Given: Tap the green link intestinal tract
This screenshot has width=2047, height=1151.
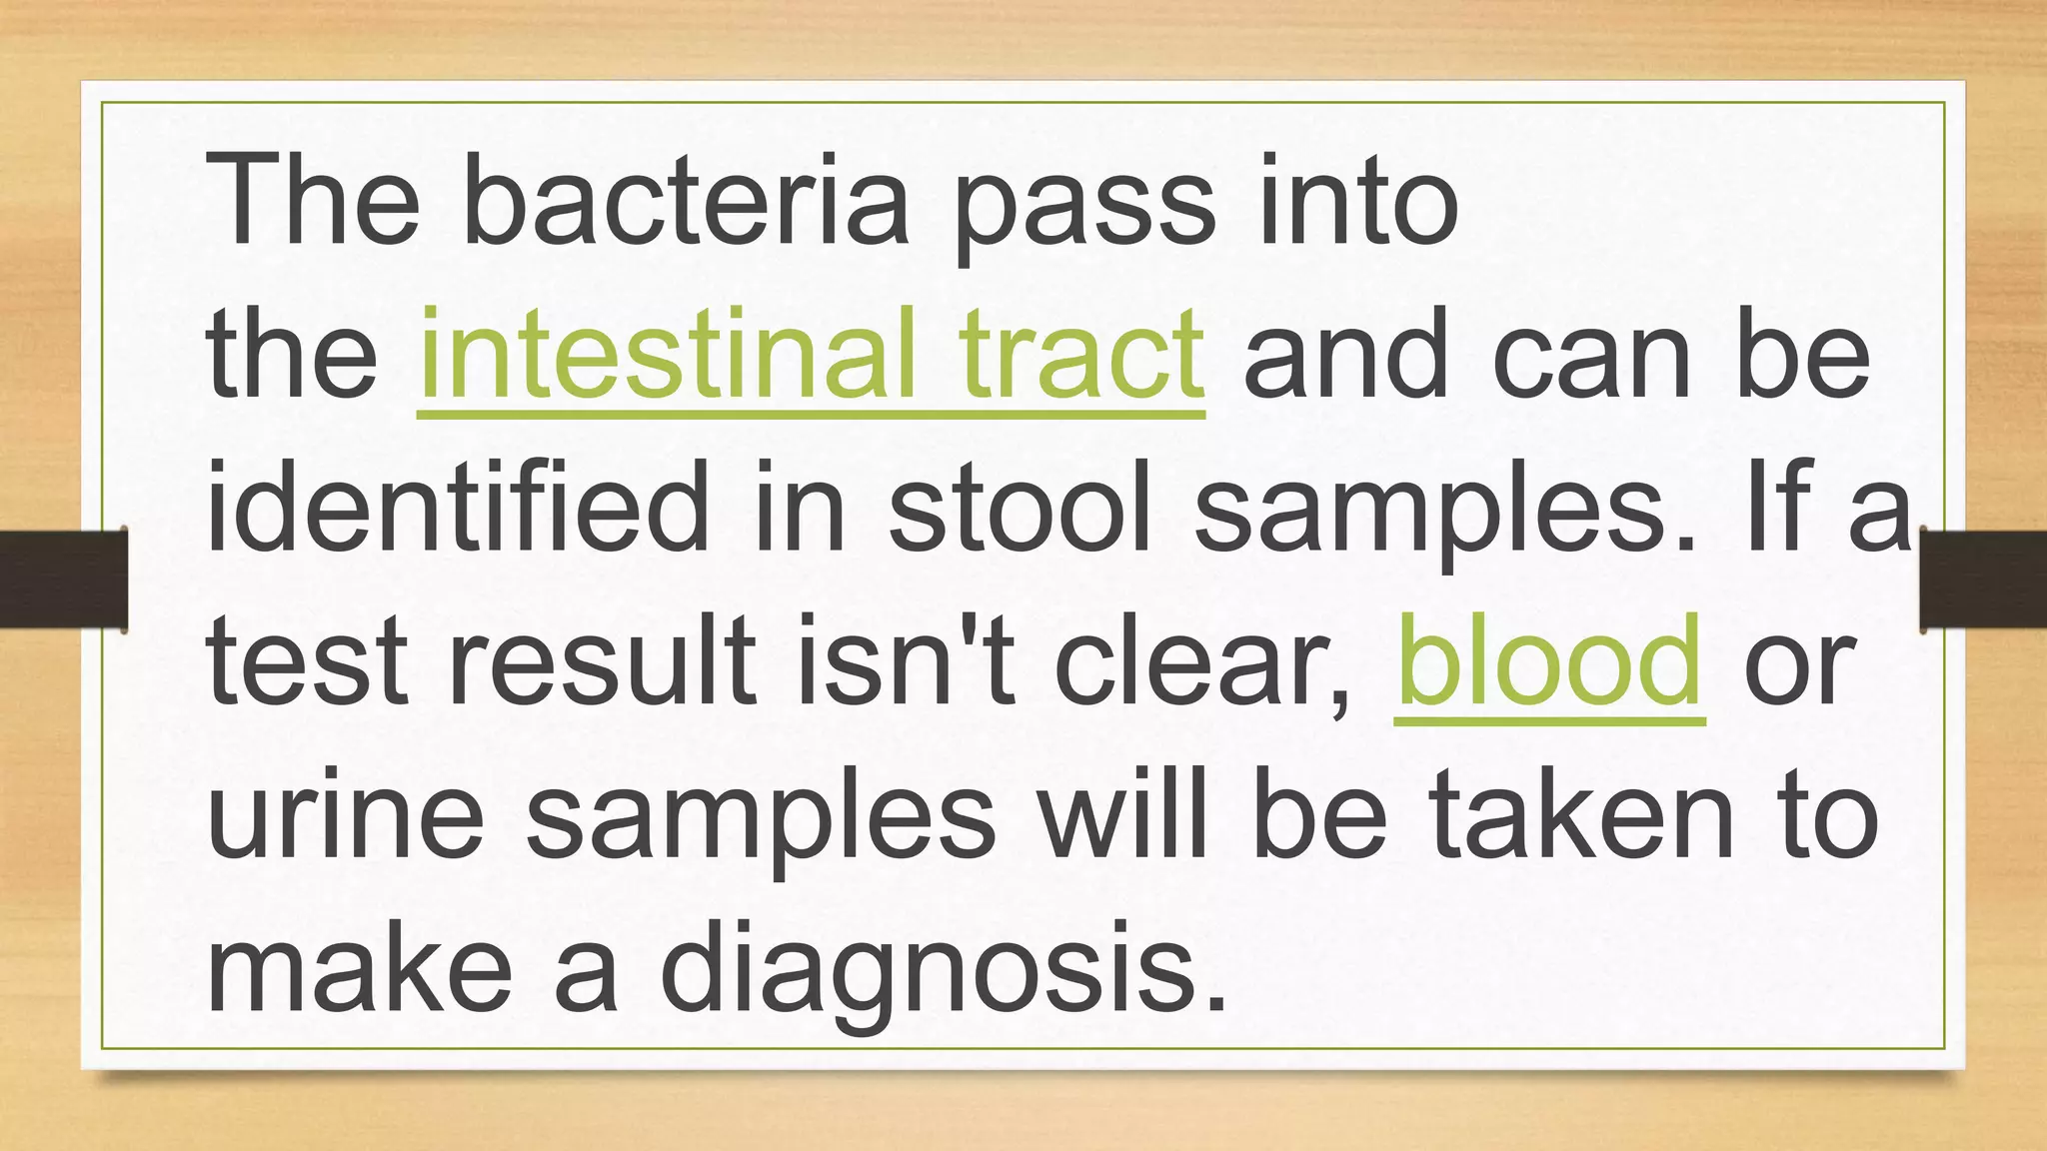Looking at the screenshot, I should pos(811,355).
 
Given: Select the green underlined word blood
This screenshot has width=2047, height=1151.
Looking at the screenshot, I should pos(1548,661).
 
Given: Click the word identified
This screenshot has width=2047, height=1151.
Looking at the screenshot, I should pos(457,506).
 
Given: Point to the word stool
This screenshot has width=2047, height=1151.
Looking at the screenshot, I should pos(1019,506).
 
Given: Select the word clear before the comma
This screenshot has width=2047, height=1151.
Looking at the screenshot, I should pos(1194,661).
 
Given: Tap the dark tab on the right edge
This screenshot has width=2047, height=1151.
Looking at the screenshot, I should pos(1983,579).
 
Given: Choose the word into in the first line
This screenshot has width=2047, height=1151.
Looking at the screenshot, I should pos(1358,200).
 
